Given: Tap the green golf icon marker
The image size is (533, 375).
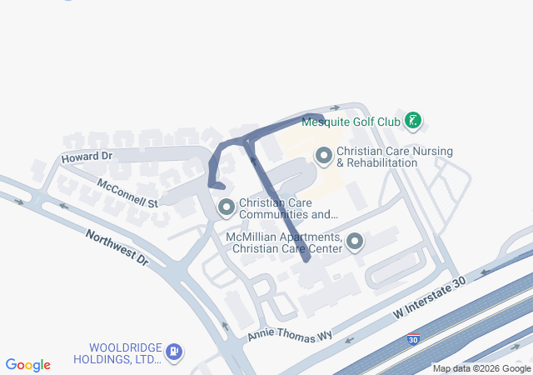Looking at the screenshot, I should [412, 122].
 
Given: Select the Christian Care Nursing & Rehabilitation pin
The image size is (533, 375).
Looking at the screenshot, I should [323, 154].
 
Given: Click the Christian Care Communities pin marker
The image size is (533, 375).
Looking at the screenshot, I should [226, 207].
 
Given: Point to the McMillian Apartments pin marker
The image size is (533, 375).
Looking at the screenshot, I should [356, 242].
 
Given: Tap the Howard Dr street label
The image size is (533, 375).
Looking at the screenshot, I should [86, 156].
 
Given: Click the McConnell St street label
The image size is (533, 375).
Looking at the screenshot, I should [127, 192].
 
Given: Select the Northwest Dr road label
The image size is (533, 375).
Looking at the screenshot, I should [117, 247].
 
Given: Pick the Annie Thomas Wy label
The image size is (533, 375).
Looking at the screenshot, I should [289, 334].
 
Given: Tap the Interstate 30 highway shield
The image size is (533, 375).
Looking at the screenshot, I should [413, 339].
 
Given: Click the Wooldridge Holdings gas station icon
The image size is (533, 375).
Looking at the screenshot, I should [173, 352].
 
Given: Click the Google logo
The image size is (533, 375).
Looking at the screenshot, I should [27, 365].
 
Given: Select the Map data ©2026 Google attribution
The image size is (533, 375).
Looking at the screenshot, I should [481, 368].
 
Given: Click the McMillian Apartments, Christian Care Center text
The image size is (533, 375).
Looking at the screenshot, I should [284, 242].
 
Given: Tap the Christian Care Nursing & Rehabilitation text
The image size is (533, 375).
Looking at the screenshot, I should [395, 157].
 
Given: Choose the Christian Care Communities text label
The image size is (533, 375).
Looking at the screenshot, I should [288, 207].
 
